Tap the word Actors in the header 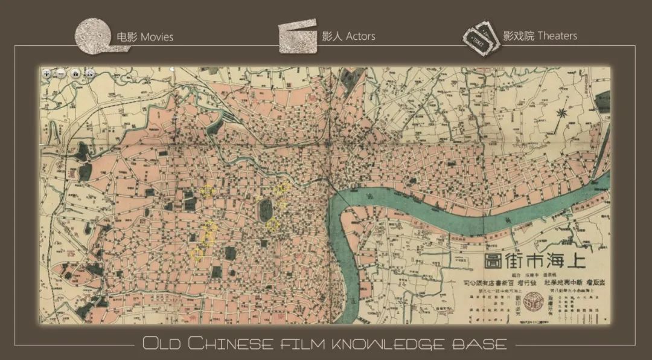pos(360,36)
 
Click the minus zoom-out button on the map pos(60,73)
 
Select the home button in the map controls pos(75,73)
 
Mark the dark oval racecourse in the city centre pos(265,210)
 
